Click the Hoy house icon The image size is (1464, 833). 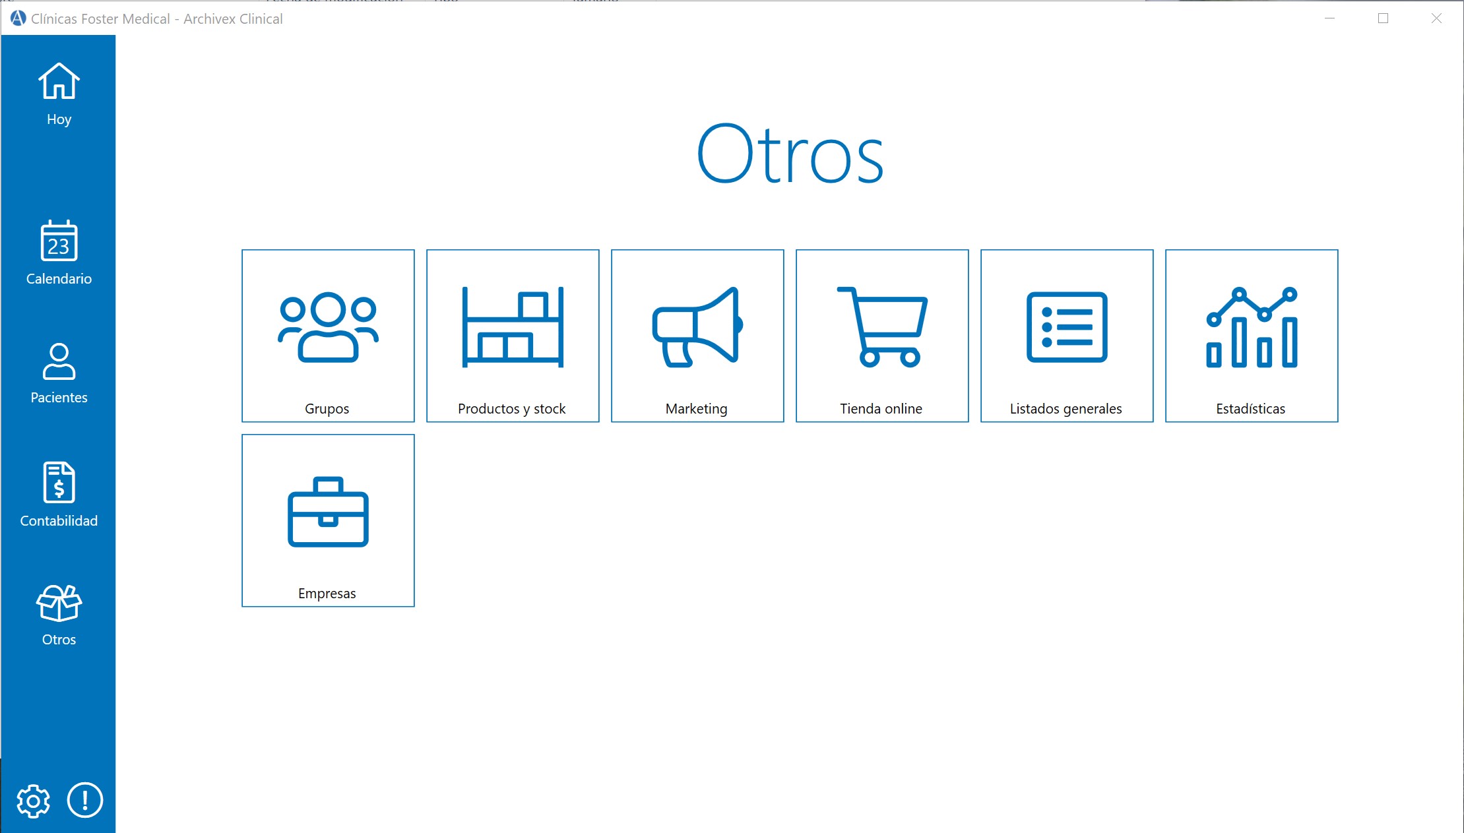(59, 81)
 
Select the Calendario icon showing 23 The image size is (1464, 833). (59, 241)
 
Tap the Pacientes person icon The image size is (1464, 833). (59, 361)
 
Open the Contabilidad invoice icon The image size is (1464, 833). (59, 482)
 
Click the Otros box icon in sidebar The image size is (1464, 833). (59, 603)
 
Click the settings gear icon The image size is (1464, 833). (33, 801)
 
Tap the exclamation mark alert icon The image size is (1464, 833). (85, 800)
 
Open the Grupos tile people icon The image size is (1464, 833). (328, 326)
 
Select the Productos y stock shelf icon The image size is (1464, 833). (513, 326)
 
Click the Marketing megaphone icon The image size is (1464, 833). (697, 326)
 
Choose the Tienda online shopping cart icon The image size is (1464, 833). (882, 326)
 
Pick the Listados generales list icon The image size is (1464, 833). (1067, 326)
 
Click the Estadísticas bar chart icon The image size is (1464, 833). (1252, 326)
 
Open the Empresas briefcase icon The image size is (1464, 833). (328, 512)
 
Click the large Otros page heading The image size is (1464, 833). (790, 154)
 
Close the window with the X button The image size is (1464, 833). (1436, 18)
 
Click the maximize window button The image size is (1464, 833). (1383, 18)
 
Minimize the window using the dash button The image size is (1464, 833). (1329, 18)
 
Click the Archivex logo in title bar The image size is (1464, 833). (18, 18)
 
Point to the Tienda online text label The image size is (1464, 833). (881, 409)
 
